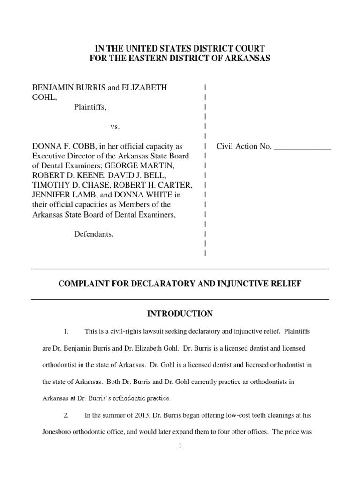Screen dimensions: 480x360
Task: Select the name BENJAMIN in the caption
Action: pos(51,87)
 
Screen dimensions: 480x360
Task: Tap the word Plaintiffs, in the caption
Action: pos(90,107)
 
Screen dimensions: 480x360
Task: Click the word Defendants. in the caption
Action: pos(94,234)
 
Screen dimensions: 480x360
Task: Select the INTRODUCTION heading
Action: pos(180,314)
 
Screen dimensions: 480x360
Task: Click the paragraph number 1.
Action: pos(66,331)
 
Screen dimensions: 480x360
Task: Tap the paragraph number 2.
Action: pos(66,415)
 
